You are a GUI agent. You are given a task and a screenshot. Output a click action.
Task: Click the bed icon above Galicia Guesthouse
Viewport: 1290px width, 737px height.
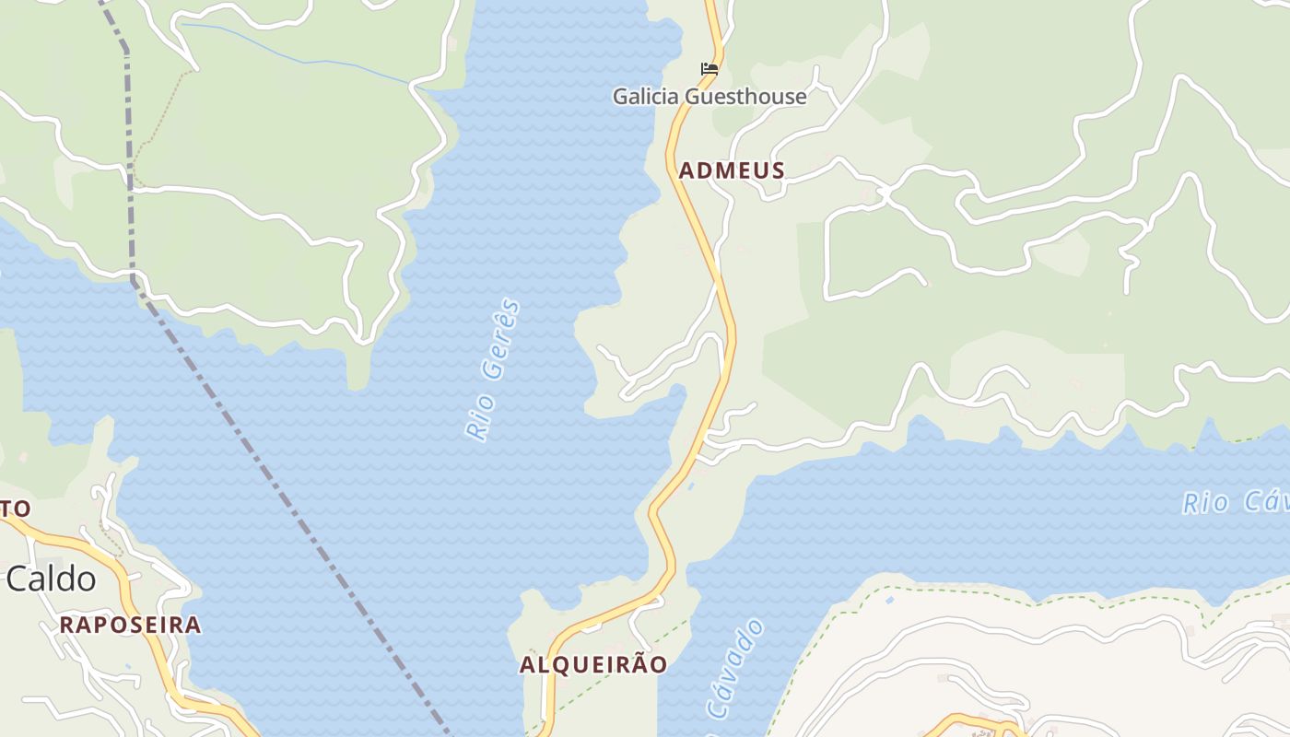[x=709, y=68]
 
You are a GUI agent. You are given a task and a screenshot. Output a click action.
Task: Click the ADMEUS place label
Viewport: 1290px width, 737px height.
[x=732, y=170]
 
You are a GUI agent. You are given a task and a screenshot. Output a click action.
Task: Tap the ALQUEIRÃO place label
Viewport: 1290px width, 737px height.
[x=593, y=665]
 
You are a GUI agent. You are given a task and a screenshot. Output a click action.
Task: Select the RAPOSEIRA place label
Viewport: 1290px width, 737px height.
[x=131, y=625]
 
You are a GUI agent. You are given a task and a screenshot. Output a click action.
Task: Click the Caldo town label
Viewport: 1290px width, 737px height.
[x=51, y=579]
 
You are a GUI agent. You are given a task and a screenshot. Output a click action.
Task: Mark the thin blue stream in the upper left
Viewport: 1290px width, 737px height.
[x=304, y=61]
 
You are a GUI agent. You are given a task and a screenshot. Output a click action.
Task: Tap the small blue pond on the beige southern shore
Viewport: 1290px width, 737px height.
[x=888, y=600]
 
